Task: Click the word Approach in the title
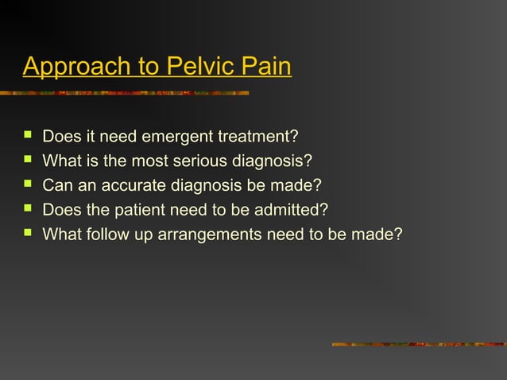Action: click(x=69, y=67)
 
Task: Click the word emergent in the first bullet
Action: click(x=176, y=139)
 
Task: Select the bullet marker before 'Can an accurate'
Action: click(x=28, y=187)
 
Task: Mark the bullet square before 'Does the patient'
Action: click(x=28, y=211)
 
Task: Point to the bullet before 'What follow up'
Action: click(x=28, y=235)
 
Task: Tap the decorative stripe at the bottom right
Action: click(x=419, y=344)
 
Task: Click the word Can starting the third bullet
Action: click(x=56, y=187)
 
